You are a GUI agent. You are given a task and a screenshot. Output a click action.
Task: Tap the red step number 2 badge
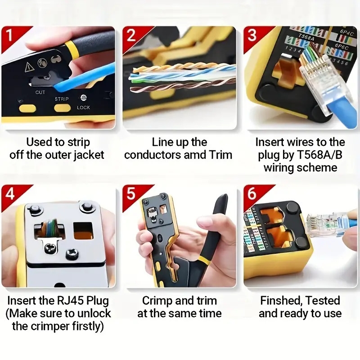coord(130,35)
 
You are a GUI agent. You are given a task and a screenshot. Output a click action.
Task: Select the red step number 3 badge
coord(252,35)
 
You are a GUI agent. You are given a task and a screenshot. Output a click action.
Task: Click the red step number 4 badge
coord(9,194)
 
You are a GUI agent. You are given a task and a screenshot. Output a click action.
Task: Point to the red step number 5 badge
coord(130,194)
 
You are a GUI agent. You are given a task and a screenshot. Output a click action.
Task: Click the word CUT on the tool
coord(40,92)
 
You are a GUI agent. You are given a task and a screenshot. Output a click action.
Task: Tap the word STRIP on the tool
coord(62,98)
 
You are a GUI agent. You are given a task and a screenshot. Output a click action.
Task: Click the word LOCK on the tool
coord(83,108)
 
